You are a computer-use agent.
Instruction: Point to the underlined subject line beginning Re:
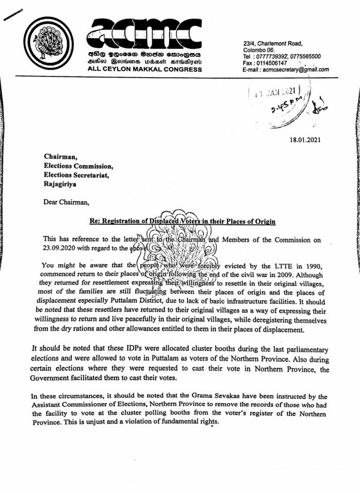tap(182, 222)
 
